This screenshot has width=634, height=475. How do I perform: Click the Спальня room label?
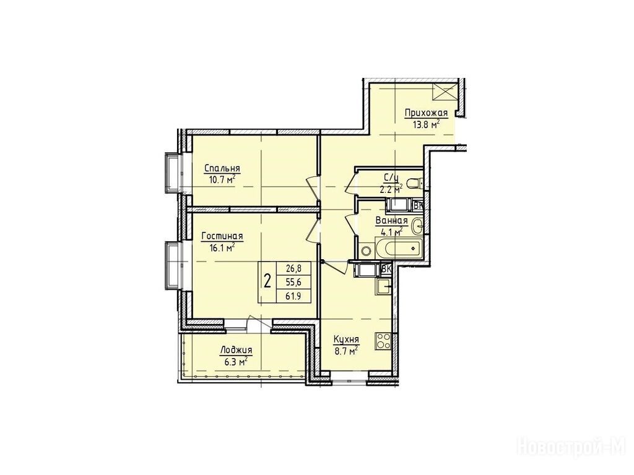click(x=222, y=168)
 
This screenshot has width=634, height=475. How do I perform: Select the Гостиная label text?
click(x=222, y=236)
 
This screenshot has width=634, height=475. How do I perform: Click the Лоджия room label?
click(x=236, y=351)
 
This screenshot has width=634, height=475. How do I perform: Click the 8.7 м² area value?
click(x=346, y=351)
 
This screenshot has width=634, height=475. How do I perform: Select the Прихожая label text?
click(x=426, y=113)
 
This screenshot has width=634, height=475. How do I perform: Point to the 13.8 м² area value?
click(x=426, y=124)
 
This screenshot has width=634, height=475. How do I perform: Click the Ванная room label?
click(x=391, y=221)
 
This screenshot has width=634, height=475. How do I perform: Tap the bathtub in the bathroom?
click(x=399, y=247)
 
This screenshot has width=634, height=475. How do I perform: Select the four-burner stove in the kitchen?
click(x=383, y=341)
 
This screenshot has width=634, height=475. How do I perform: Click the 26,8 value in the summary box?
click(x=293, y=268)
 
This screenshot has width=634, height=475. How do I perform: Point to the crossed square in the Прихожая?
click(x=445, y=92)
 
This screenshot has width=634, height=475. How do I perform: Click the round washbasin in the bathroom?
click(x=417, y=226)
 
